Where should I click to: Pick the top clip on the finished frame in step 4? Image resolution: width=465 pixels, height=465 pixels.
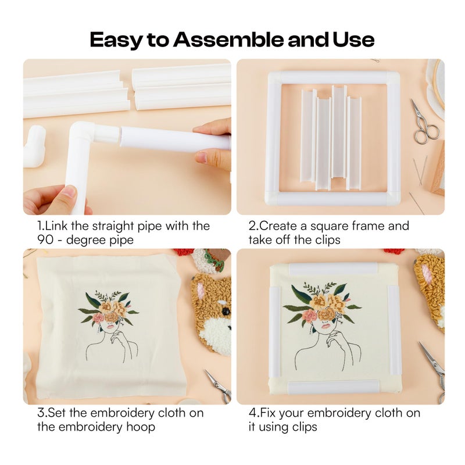pyautogui.click(x=334, y=269)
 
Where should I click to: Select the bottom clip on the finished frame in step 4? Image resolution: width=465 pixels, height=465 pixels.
pyautogui.click(x=334, y=387)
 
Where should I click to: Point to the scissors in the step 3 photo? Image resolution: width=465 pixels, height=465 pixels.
pyautogui.click(x=218, y=384)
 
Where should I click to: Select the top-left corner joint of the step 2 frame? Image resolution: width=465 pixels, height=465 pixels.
pyautogui.click(x=274, y=77)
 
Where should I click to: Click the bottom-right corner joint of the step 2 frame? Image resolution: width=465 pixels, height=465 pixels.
pyautogui.click(x=393, y=198)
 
